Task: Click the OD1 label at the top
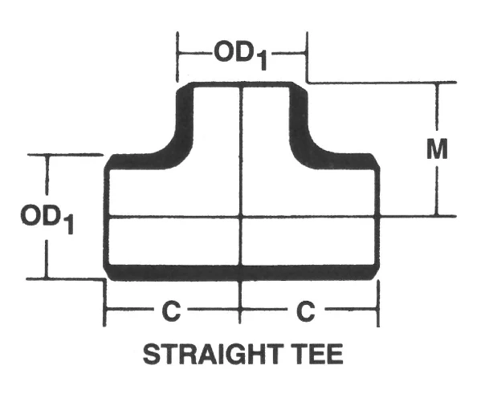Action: pos(240,55)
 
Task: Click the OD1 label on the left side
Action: pos(48,217)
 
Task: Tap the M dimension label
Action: pos(437,148)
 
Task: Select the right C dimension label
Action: pos(306,311)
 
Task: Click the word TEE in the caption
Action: pos(317,354)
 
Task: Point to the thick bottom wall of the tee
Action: pos(241,272)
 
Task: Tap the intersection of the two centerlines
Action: pos(242,217)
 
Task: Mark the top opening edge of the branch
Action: pos(242,84)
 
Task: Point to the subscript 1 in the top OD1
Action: pos(261,62)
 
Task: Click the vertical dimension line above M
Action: pos(438,108)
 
